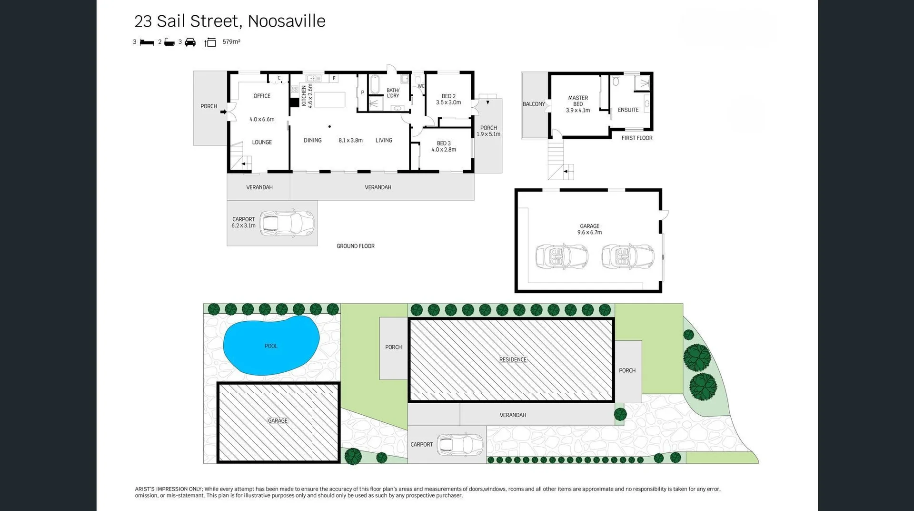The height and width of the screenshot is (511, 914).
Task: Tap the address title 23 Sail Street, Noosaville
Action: tap(230, 21)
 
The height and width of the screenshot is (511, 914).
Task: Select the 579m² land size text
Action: tap(231, 42)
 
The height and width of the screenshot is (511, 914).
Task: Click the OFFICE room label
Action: tap(262, 96)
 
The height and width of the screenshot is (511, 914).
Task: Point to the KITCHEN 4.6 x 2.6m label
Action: tap(307, 96)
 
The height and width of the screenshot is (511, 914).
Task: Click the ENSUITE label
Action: tap(628, 110)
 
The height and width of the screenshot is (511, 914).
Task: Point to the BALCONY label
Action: tap(534, 104)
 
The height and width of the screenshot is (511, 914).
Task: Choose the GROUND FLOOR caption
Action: tap(356, 246)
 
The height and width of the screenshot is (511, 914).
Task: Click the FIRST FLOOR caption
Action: tap(637, 138)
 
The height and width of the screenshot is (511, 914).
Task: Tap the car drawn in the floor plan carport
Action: tap(287, 223)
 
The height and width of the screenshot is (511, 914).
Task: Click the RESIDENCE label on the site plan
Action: tap(513, 359)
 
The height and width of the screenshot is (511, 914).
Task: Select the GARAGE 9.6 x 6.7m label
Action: tap(589, 229)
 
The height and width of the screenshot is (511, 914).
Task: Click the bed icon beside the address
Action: tap(147, 42)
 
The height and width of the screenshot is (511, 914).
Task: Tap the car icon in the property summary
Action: tap(190, 42)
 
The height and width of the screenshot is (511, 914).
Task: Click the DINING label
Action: tap(313, 140)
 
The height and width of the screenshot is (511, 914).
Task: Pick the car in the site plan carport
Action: tap(460, 445)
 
